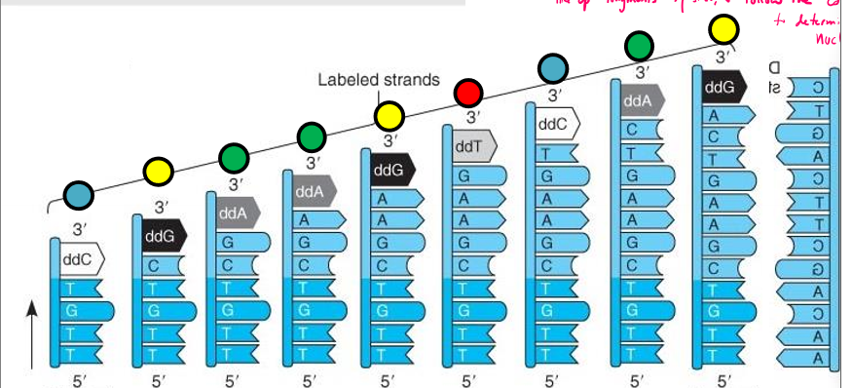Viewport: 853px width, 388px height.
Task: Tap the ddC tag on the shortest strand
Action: click(x=79, y=261)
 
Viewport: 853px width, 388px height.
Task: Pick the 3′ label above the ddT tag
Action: click(x=473, y=117)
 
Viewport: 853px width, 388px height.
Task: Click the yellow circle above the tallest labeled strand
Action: click(x=723, y=29)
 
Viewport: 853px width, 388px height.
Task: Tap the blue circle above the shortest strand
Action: click(x=79, y=195)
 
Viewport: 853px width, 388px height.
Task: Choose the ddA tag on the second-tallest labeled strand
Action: click(x=638, y=100)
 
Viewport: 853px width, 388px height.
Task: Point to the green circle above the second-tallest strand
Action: click(x=639, y=46)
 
